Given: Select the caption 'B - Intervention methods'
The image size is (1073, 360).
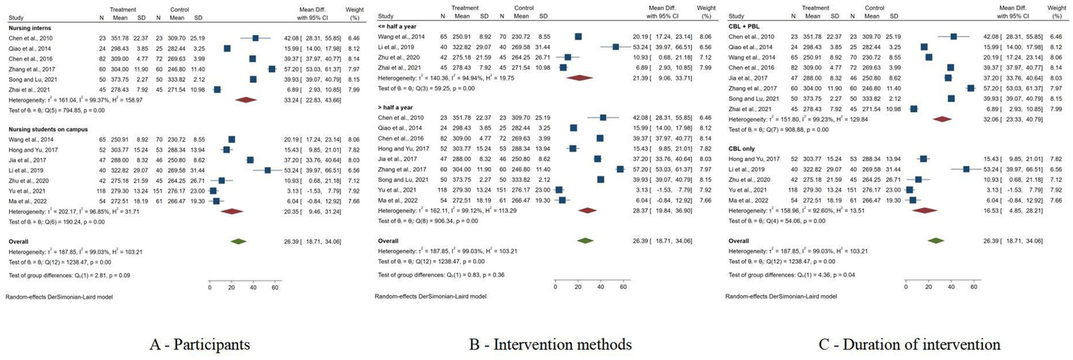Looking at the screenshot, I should click(531, 345).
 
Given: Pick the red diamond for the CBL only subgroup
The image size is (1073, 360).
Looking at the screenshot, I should click(925, 210).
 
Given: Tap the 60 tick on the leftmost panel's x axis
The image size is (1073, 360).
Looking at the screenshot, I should click(275, 287).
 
